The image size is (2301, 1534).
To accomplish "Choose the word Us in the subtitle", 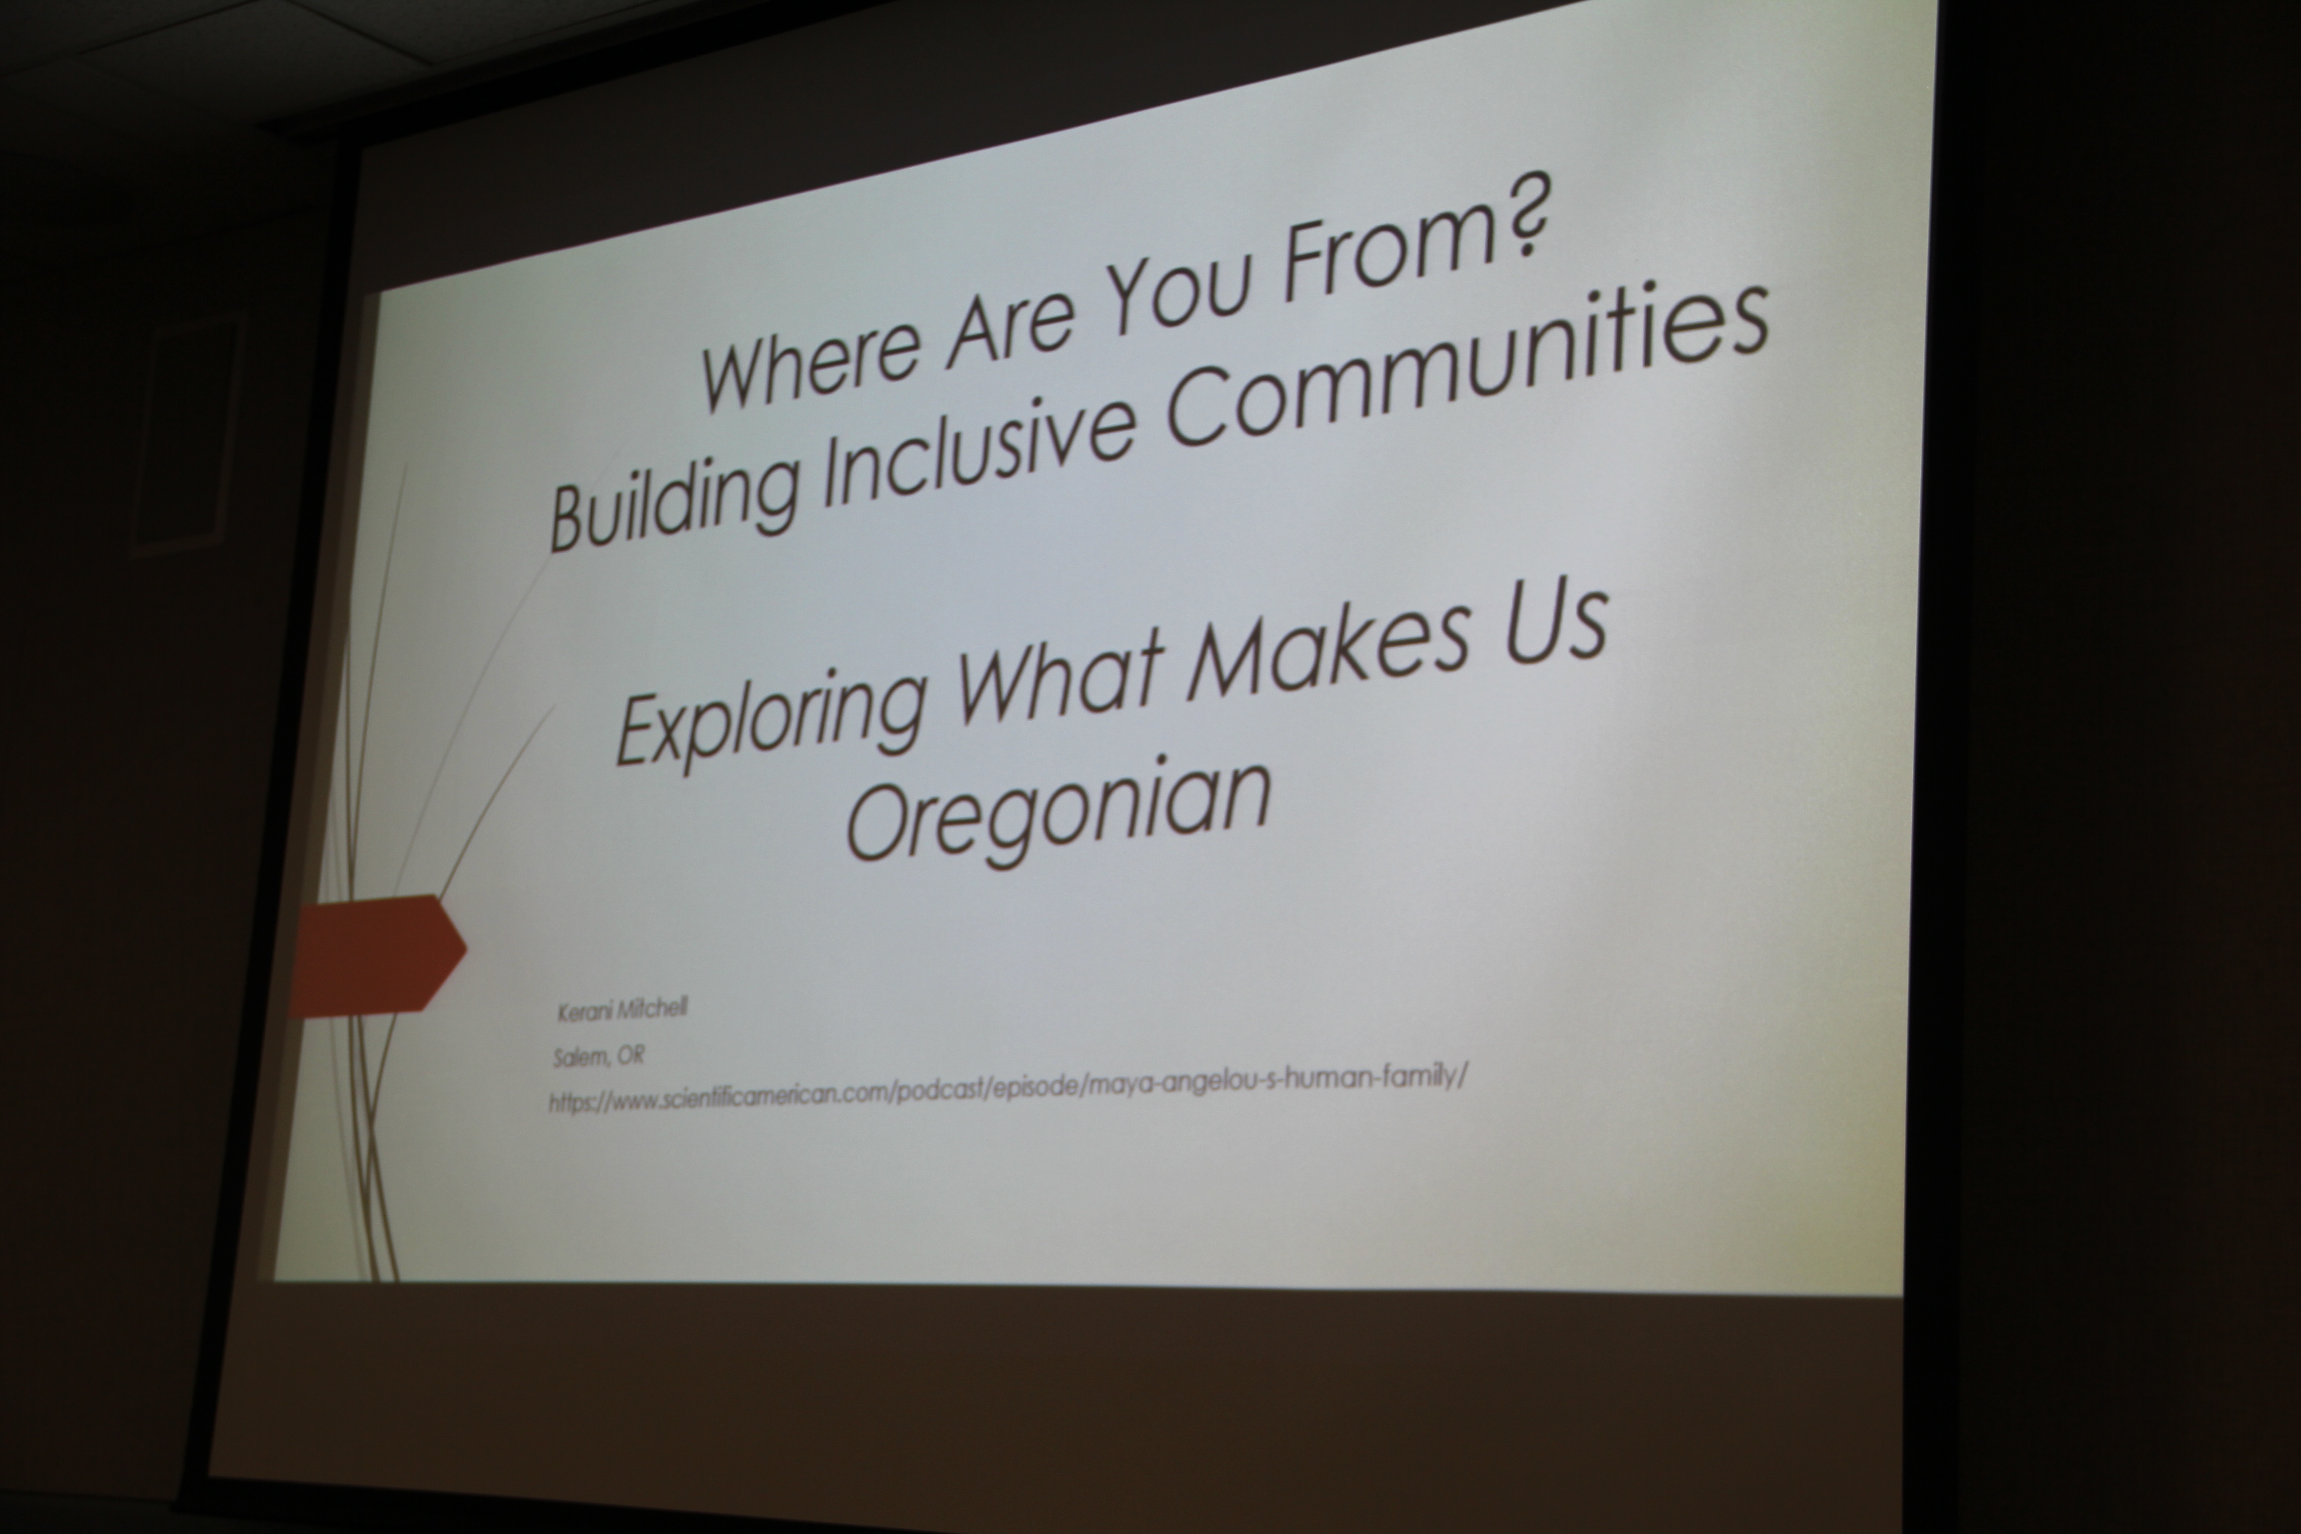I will pos(1555,626).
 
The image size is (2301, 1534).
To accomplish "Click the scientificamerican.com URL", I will pos(1008,1091).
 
